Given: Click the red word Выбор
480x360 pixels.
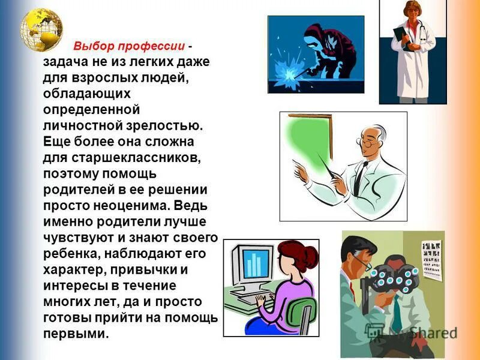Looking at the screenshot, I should point(93,47).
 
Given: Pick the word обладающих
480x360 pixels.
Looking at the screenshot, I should point(87,95).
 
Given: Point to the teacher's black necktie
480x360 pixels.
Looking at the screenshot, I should point(359,174).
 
